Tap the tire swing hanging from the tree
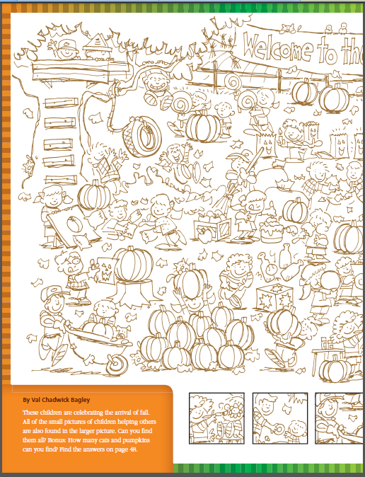coord(142,137)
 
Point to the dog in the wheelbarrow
coord(122,332)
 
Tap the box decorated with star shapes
coord(274,297)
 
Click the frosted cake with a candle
coord(272,230)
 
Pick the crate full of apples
coord(213,228)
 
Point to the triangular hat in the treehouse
coord(98,42)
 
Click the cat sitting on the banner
coord(287,28)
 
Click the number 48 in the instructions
coord(132,449)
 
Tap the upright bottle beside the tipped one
coord(284,255)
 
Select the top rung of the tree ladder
coord(61,103)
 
